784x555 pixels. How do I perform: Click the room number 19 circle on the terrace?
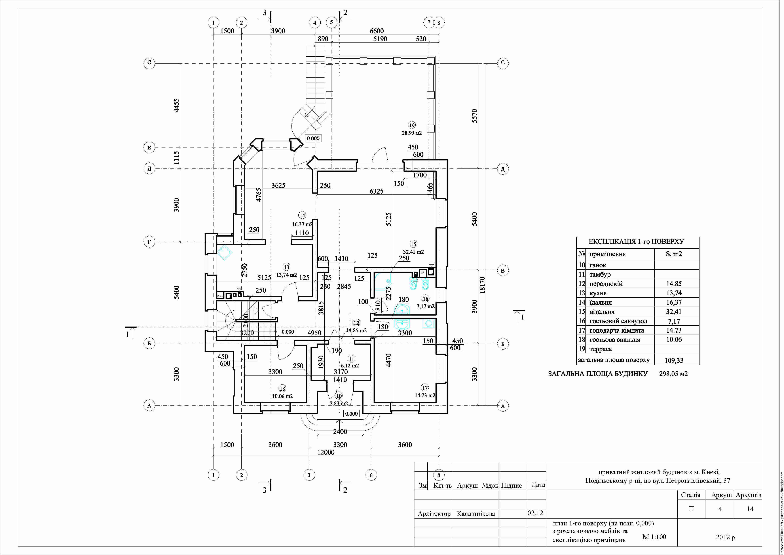click(x=412, y=125)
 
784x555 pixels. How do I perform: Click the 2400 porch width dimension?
click(x=340, y=432)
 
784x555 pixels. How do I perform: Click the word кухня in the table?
click(x=598, y=293)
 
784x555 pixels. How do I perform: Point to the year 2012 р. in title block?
click(x=726, y=537)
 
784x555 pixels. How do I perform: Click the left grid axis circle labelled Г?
click(x=149, y=242)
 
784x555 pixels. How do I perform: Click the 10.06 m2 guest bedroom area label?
click(x=282, y=396)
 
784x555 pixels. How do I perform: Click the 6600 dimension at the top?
click(x=377, y=31)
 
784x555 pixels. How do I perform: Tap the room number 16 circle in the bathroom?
click(x=425, y=299)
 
